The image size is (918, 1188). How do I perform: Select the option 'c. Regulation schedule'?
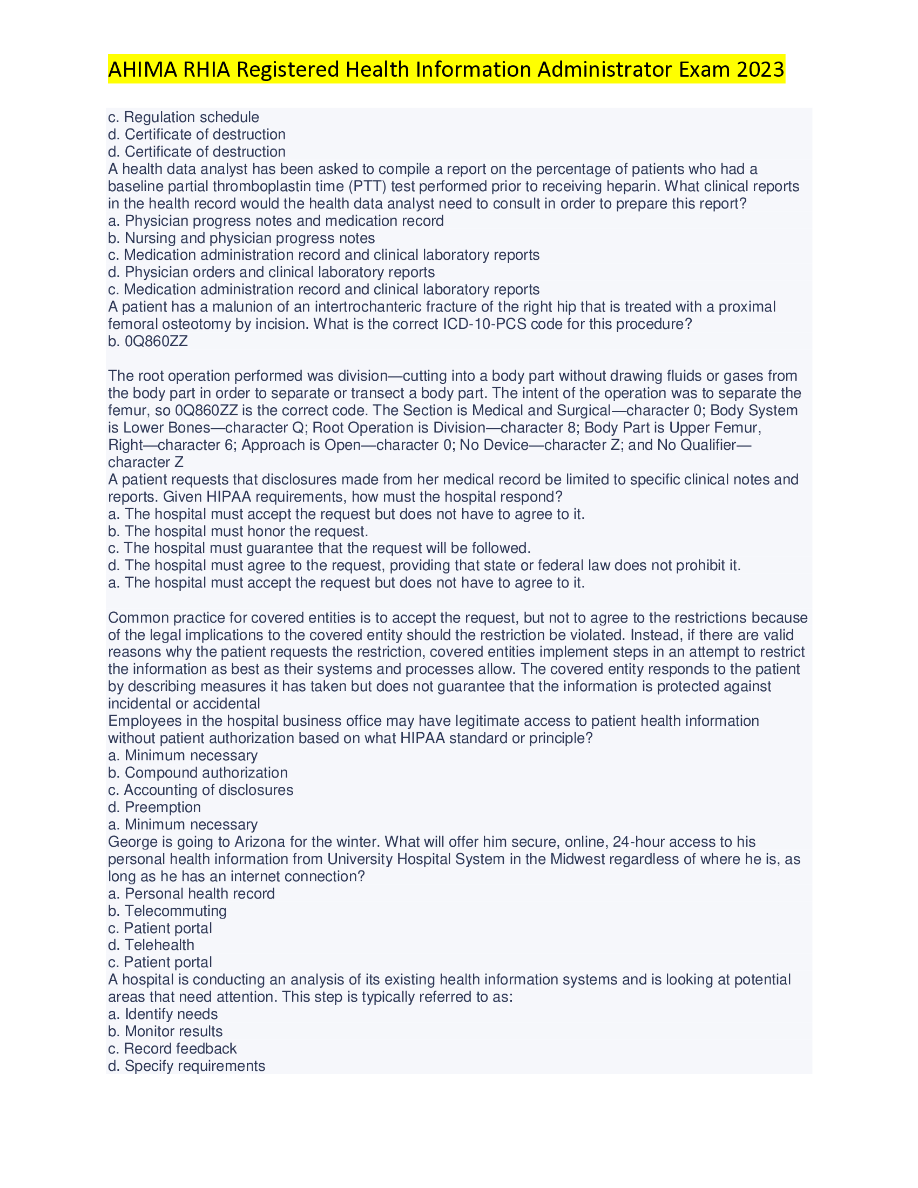coord(183,117)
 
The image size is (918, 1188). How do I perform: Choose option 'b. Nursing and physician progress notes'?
coord(241,238)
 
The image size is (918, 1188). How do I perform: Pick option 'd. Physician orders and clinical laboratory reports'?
coord(272,272)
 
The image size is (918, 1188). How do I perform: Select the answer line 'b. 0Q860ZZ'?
coord(148,341)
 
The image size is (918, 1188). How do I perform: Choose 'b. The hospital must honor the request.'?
coord(238,531)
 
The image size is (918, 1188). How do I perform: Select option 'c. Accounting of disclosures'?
coord(201,790)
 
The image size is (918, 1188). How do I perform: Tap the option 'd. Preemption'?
coord(154,807)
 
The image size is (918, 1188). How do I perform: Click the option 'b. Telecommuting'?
coord(167,910)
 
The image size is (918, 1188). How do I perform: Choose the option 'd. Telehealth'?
coord(151,945)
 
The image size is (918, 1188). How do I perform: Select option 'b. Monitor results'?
coord(165,1031)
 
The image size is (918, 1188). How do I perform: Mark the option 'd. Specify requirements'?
coord(186,1065)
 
